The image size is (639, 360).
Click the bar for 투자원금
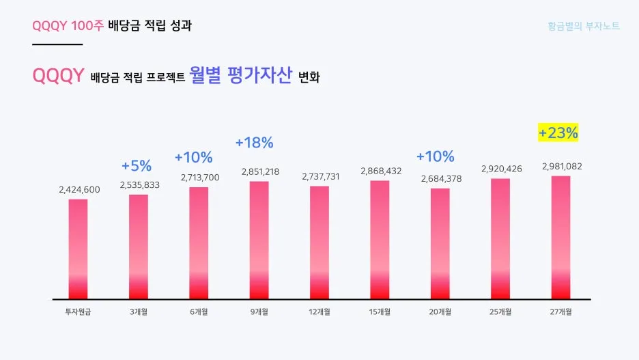(79, 249)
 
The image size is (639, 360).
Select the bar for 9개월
(259, 240)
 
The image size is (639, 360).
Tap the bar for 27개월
(560, 237)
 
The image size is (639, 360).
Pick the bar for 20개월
(440, 243)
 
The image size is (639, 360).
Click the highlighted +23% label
(558, 133)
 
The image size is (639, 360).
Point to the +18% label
(254, 143)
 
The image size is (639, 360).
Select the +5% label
(137, 165)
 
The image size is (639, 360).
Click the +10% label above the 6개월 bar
(193, 157)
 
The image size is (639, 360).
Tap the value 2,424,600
(79, 189)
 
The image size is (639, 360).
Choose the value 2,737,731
(321, 176)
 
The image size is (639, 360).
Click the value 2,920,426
(501, 169)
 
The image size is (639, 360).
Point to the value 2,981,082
(561, 166)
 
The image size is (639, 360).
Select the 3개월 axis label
(139, 312)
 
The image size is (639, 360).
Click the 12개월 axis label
(320, 312)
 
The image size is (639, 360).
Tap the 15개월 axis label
(380, 312)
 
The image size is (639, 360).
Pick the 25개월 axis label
(500, 312)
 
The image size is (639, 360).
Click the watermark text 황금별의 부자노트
(584, 27)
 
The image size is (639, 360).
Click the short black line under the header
(57, 44)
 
